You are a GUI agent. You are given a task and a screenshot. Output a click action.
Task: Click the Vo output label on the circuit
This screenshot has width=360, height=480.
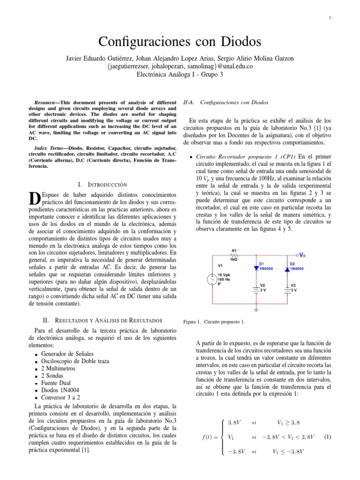pyautogui.click(x=303, y=255)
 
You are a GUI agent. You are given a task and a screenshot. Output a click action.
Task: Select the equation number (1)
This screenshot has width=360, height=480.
pyautogui.click(x=328, y=437)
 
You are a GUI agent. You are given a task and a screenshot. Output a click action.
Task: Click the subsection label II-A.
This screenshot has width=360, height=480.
pyautogui.click(x=190, y=102)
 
